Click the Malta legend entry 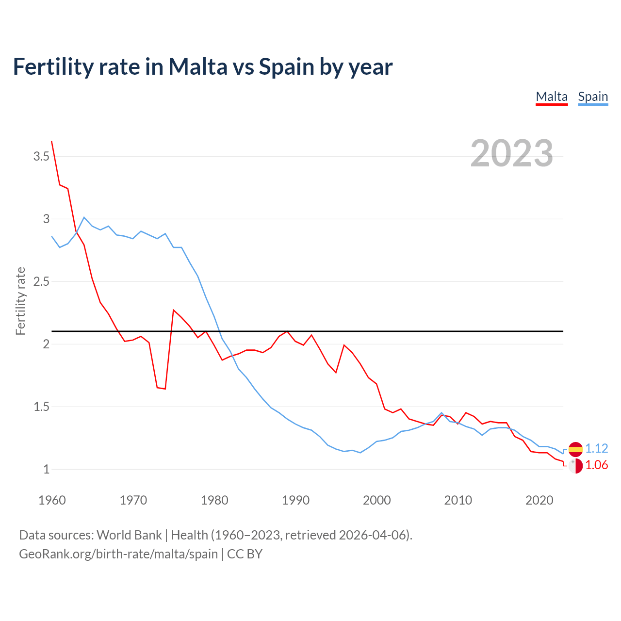click(552, 97)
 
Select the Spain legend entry click(593, 97)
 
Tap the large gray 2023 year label click(511, 153)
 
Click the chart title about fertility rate click(202, 66)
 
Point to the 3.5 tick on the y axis click(41, 156)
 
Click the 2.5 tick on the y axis click(41, 281)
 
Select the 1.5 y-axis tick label click(41, 407)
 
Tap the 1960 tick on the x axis click(52, 500)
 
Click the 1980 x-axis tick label click(214, 500)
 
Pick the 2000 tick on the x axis click(376, 500)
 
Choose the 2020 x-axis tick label click(539, 500)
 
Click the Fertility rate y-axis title click(20, 301)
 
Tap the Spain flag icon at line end click(575, 449)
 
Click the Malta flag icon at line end click(575, 466)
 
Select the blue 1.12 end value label click(596, 448)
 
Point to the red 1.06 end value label click(596, 465)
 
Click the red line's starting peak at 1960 click(52, 142)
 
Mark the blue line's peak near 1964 click(84, 217)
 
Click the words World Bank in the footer click(129, 535)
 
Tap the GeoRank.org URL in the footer click(118, 554)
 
